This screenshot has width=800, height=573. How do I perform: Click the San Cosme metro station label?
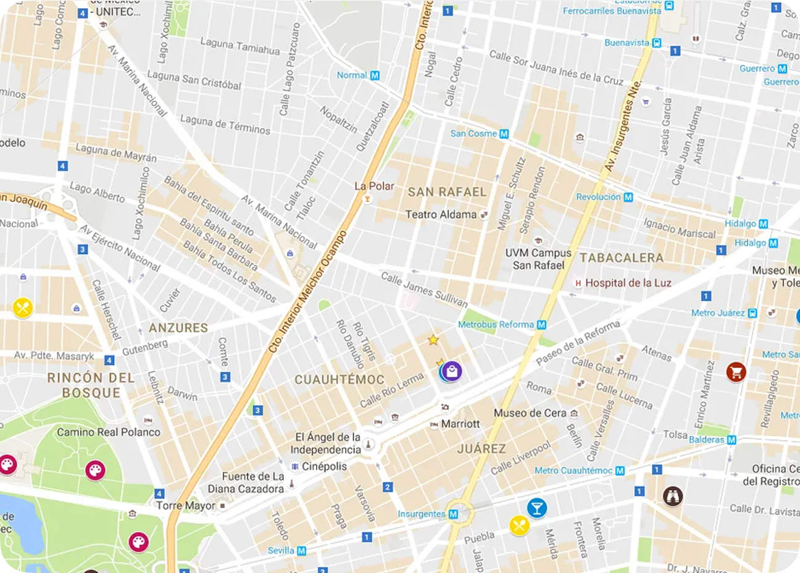[473, 133]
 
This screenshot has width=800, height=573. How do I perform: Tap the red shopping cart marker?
[735, 372]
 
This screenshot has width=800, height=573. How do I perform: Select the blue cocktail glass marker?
[537, 508]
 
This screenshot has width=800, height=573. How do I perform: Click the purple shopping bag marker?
[452, 371]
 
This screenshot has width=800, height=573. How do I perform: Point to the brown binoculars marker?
[672, 495]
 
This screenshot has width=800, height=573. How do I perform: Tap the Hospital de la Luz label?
[628, 283]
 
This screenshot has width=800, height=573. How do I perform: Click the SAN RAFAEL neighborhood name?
[447, 192]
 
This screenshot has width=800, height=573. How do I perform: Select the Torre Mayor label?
[186, 505]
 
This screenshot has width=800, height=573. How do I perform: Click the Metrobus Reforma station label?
[496, 324]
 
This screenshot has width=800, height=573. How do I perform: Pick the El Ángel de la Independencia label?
[325, 443]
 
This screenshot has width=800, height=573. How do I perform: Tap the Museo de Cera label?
[530, 412]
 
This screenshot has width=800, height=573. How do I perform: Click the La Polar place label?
[374, 186]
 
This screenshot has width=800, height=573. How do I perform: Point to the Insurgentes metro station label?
[422, 514]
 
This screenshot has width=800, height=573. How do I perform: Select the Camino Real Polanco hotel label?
[109, 432]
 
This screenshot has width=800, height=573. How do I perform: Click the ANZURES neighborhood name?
[178, 328]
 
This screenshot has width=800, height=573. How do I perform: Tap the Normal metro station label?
[352, 75]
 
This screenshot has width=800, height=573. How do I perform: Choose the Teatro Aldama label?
[441, 215]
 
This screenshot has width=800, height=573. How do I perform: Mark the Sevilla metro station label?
[281, 550]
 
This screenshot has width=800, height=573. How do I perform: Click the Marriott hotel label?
[460, 424]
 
